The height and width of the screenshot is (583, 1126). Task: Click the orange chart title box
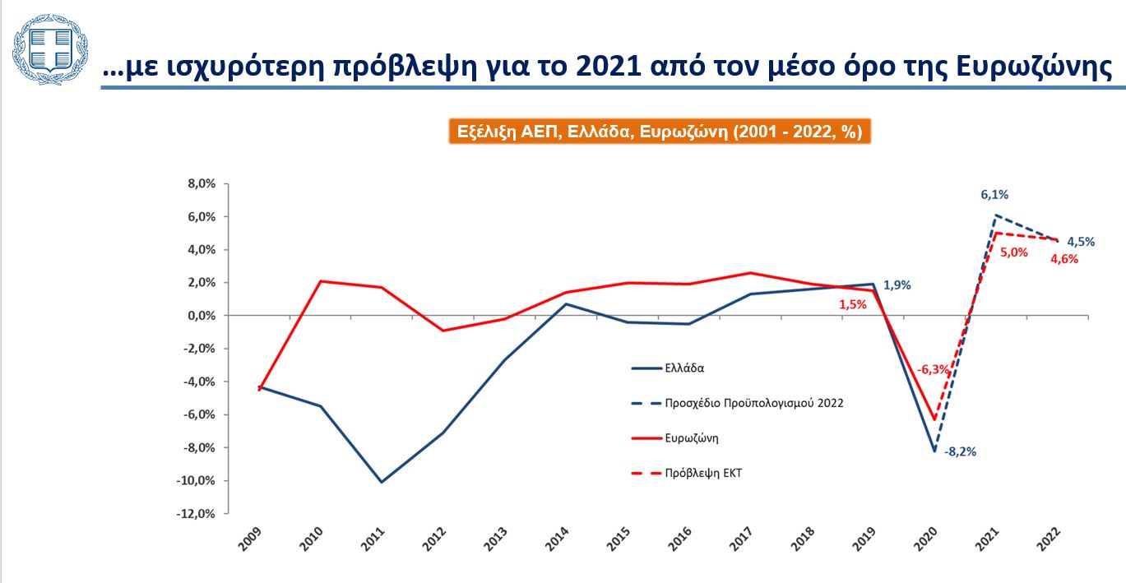[x=659, y=132]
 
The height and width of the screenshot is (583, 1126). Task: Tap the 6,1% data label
[x=994, y=195]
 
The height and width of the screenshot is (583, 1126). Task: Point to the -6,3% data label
[x=934, y=370]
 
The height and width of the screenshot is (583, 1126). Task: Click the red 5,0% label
[x=1014, y=252]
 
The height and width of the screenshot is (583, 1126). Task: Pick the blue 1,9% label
[x=897, y=285]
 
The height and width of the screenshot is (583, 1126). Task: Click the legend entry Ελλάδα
[x=684, y=368]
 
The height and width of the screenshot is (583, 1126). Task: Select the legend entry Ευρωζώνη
[x=692, y=438]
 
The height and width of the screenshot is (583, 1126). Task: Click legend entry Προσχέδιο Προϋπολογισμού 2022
[x=754, y=403]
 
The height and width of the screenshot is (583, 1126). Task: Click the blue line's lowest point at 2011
[x=382, y=482]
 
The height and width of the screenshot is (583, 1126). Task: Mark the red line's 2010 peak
[x=320, y=281]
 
